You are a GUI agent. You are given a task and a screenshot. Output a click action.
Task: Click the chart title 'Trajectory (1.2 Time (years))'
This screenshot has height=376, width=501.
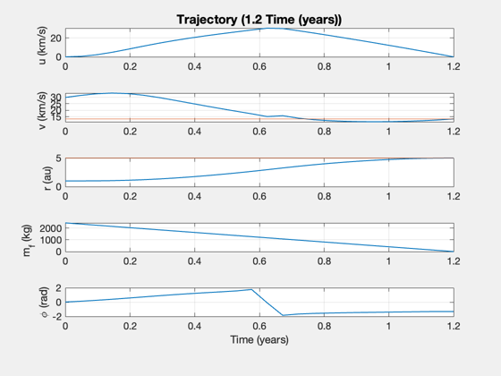(x=259, y=20)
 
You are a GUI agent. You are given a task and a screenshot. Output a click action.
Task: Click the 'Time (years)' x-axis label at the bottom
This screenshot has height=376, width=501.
(x=259, y=339)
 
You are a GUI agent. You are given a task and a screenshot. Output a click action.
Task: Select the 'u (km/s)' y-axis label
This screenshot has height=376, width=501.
(x=43, y=45)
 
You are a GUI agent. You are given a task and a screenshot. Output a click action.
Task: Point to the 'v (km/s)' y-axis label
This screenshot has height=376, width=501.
(x=43, y=110)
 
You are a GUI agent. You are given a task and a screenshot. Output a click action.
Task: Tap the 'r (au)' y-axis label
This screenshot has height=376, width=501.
(x=47, y=178)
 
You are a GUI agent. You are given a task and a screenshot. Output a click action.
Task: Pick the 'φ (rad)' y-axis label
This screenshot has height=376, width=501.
(x=45, y=303)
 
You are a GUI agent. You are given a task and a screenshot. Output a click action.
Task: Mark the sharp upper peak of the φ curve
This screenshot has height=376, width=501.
(x=251, y=290)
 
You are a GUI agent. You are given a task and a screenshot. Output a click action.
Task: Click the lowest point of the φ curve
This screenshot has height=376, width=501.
(x=283, y=315)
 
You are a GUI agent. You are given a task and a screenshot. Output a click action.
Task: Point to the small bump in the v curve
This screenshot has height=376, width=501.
(x=282, y=115)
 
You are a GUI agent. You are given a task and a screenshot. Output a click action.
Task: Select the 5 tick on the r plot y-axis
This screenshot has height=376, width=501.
(x=58, y=158)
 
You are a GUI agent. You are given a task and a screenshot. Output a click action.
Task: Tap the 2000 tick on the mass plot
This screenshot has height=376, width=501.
(x=50, y=228)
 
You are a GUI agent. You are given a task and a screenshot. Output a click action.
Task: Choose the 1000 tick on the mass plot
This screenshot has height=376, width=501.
(x=50, y=240)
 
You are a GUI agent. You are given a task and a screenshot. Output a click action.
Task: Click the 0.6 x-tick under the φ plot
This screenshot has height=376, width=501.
(x=259, y=326)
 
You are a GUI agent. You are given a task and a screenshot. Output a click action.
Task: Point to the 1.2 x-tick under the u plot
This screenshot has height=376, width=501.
(x=454, y=66)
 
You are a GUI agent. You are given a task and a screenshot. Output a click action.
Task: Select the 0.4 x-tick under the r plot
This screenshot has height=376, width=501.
(x=194, y=196)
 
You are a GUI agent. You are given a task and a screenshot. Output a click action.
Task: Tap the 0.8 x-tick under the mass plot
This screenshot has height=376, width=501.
(x=324, y=261)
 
